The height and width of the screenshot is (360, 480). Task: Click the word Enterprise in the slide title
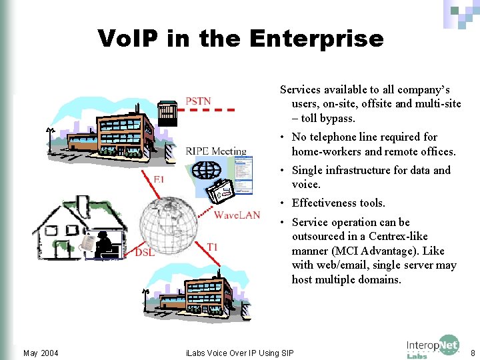click(316, 38)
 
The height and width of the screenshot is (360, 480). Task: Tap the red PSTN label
click(198, 101)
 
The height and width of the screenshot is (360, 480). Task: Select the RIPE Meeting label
click(216, 151)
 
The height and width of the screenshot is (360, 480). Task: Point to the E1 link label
click(159, 179)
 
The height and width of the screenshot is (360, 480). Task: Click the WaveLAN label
click(237, 215)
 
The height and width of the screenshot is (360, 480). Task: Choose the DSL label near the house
click(145, 252)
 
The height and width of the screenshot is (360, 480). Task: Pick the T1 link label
click(212, 247)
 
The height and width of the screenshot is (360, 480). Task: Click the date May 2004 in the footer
click(41, 353)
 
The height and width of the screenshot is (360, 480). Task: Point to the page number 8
click(473, 353)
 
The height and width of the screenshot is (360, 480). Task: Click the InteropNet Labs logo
click(433, 347)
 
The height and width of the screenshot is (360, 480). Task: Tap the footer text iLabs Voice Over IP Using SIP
click(239, 353)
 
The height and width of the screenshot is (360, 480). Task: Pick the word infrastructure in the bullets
click(359, 170)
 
